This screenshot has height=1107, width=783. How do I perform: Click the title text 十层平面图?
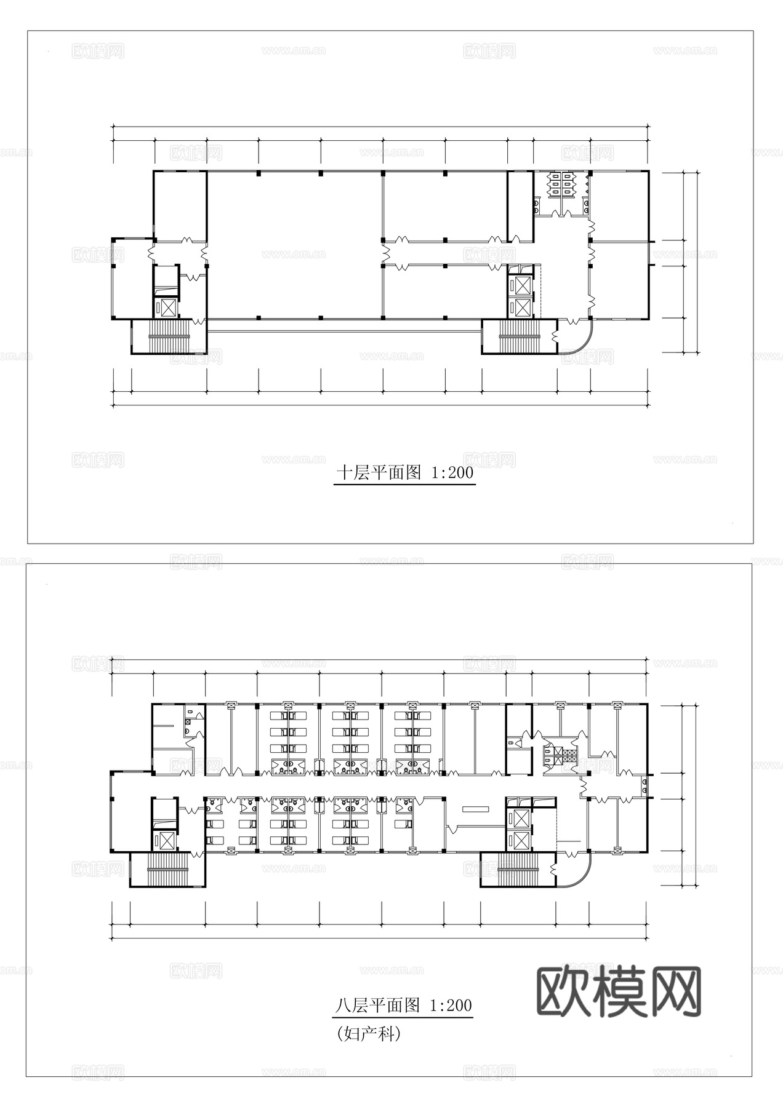tap(378, 473)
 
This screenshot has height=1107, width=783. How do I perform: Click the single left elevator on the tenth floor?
tap(166, 306)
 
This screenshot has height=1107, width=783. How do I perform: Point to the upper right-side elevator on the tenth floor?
tap(521, 285)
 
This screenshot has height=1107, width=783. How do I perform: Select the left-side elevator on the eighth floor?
tap(165, 839)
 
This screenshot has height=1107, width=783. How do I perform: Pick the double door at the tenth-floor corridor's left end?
tap(153, 253)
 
